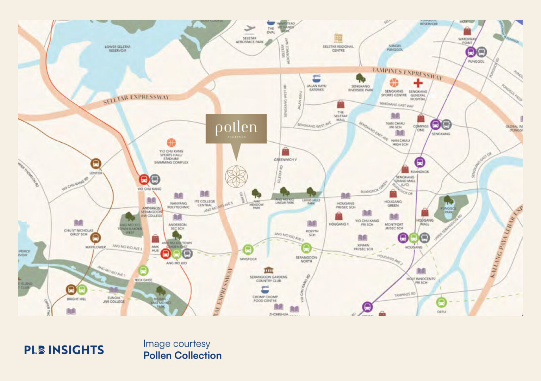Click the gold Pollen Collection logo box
tap(236, 128)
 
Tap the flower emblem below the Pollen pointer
tap(236, 176)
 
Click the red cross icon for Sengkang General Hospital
tap(418, 83)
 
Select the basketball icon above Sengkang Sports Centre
tap(394, 83)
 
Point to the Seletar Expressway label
tap(136, 99)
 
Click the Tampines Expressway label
tap(407, 73)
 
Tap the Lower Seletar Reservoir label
tap(118, 49)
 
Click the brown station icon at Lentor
tap(96, 164)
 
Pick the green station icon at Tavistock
tap(248, 250)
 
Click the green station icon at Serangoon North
tap(306, 248)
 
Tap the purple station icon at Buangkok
tap(419, 162)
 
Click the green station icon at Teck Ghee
tap(143, 271)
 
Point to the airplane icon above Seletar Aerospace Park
tap(250, 29)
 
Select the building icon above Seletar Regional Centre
tap(338, 38)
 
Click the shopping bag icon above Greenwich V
tap(285, 152)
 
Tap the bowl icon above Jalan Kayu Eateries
tap(316, 78)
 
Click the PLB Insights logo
tap(64, 350)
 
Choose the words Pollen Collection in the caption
tap(182, 355)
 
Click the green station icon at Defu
tap(441, 302)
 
